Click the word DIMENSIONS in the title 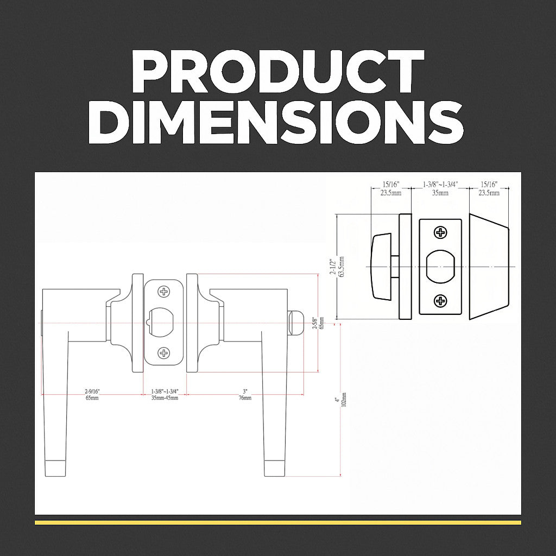click(x=277, y=123)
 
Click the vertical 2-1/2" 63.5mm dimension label click(x=337, y=267)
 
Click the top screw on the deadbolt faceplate click(x=441, y=233)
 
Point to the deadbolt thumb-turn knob click(x=383, y=267)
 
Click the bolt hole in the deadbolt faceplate click(x=441, y=267)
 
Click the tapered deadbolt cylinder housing click(x=489, y=267)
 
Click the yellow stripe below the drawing click(x=277, y=522)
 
